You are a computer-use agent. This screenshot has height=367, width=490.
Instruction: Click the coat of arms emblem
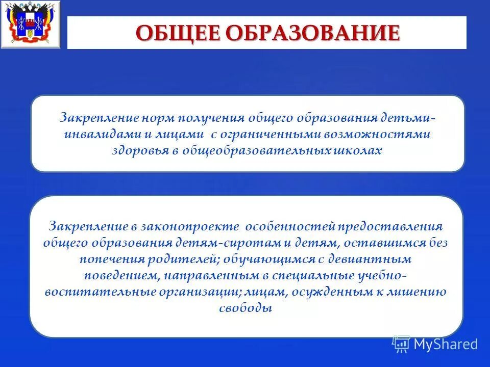(x=30, y=25)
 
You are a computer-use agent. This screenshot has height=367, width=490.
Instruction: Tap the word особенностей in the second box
(x=289, y=226)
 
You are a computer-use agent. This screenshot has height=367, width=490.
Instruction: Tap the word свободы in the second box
(x=245, y=309)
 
